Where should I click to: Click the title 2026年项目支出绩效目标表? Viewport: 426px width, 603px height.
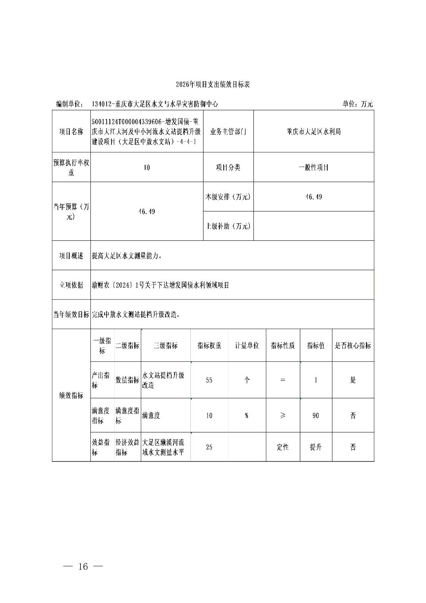click(x=213, y=84)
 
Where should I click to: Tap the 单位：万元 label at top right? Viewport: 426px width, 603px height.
click(x=357, y=104)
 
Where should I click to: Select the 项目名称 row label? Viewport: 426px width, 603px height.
click(x=71, y=132)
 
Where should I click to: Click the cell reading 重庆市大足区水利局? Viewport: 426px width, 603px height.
click(x=313, y=132)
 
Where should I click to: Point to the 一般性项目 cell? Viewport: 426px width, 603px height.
click(x=313, y=167)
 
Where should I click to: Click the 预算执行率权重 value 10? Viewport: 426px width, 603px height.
click(x=147, y=167)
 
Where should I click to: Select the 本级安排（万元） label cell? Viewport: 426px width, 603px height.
click(x=228, y=197)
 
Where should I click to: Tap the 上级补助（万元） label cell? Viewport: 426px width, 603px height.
click(x=228, y=226)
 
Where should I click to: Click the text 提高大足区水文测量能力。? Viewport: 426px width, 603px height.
click(x=127, y=256)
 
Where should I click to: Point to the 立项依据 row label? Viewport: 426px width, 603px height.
click(x=71, y=285)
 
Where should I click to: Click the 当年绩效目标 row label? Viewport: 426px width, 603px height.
click(x=71, y=315)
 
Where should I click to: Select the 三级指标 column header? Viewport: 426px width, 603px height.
click(x=165, y=346)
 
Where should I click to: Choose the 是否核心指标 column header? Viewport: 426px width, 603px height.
click(x=353, y=346)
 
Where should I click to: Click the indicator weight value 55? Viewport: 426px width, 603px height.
click(x=209, y=380)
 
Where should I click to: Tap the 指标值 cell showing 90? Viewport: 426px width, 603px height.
click(x=316, y=415)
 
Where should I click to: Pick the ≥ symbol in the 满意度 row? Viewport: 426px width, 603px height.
click(x=283, y=415)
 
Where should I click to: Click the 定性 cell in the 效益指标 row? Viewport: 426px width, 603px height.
click(x=283, y=447)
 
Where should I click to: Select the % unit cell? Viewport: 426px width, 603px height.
click(x=247, y=415)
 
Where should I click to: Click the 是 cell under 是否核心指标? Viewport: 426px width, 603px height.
click(x=353, y=380)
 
